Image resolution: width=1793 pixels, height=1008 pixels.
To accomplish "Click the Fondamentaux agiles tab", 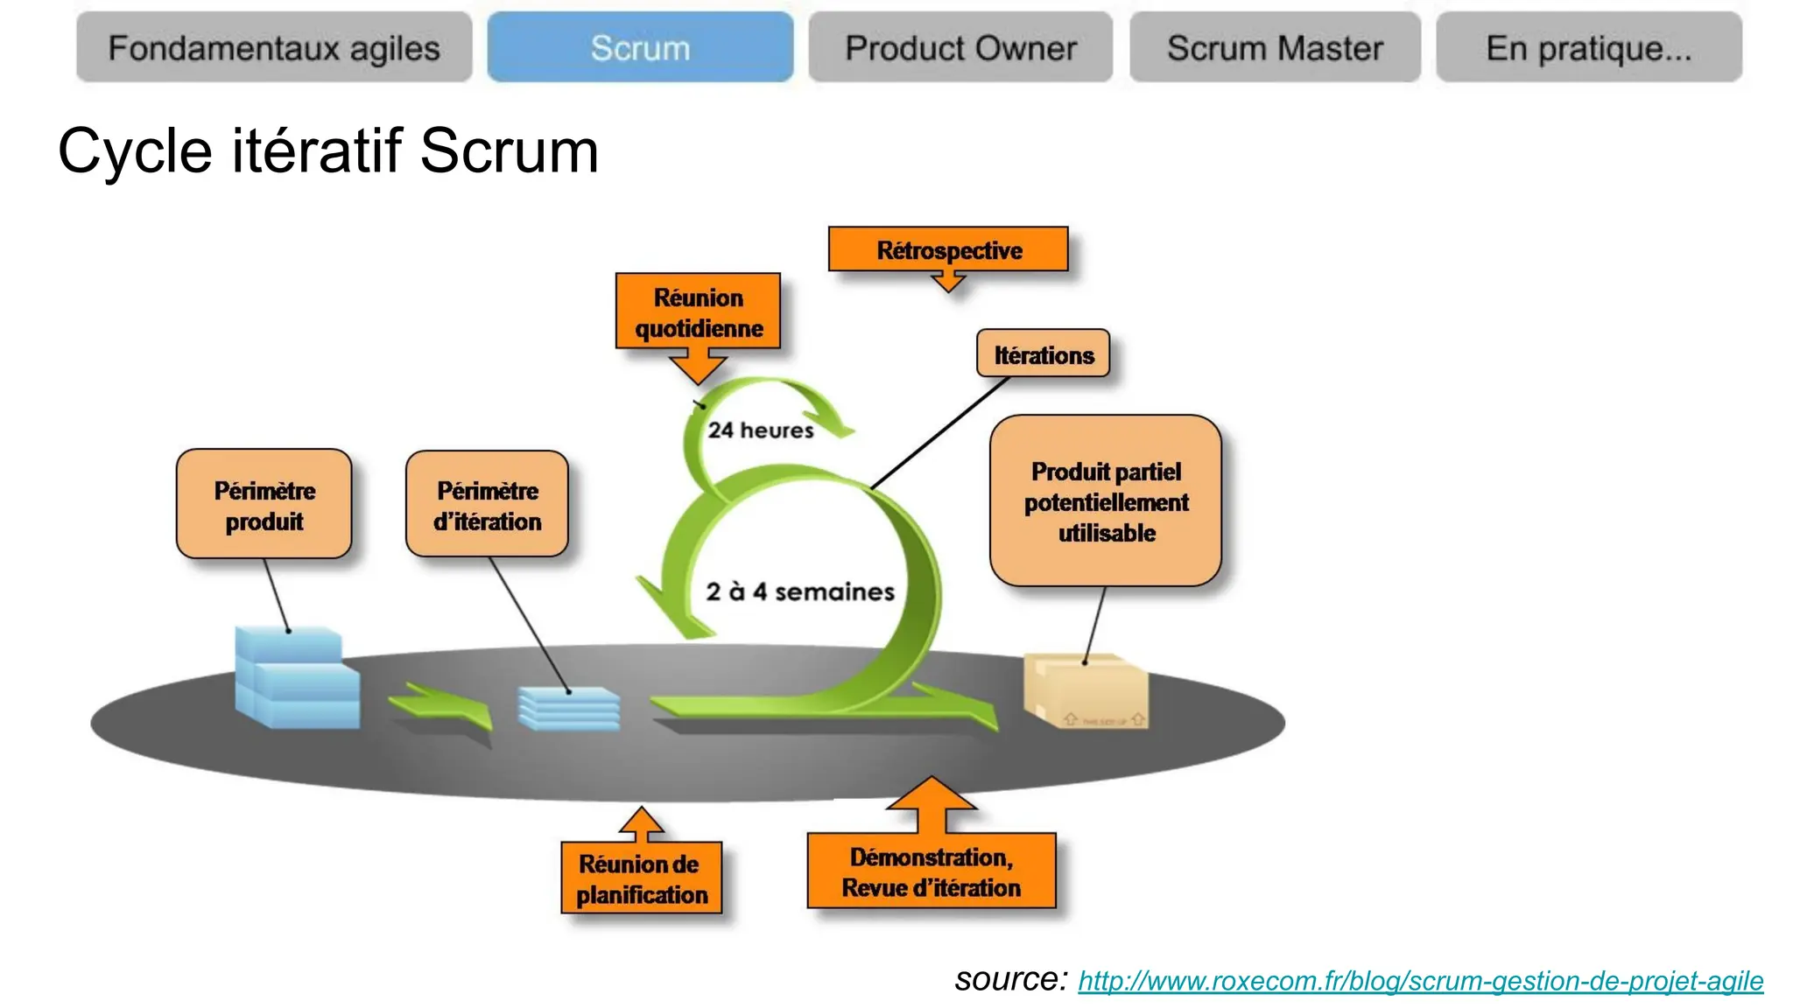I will coord(273,48).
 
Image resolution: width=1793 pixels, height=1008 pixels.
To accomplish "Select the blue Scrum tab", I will coord(640,48).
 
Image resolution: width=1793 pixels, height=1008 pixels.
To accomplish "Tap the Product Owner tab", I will coord(960,48).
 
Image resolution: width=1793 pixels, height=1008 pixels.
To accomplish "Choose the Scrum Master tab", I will coord(1275,48).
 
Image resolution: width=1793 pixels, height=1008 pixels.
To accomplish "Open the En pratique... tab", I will coord(1588,48).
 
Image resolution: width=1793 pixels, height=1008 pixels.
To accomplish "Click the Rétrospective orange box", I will coord(948,250).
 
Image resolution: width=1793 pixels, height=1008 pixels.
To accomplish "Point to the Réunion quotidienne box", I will coord(698,312).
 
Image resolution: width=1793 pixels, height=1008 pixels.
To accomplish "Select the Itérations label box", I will coord(1043,354).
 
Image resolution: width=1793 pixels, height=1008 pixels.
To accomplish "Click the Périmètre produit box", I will coord(264,505).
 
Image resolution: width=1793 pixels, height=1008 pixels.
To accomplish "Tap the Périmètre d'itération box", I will coord(487,505).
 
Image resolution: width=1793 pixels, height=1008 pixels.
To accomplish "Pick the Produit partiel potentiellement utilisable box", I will coord(1105,501).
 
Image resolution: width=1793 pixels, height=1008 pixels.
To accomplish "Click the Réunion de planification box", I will coord(642,878).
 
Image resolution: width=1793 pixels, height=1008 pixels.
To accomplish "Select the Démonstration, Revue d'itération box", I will coord(931,871).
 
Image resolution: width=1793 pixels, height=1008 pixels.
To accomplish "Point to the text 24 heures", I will coord(760,430).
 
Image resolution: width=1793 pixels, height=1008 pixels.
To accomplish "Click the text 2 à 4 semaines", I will coord(799,591).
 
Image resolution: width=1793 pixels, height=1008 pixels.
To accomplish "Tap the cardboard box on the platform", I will coord(1086,691).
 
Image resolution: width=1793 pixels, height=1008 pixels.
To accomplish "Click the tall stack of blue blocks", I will coord(296,678).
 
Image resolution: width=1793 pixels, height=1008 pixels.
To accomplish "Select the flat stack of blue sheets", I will coord(569,708).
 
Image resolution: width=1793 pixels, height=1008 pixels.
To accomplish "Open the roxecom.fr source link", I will coord(1419,981).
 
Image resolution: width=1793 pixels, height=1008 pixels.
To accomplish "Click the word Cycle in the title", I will coord(134,150).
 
